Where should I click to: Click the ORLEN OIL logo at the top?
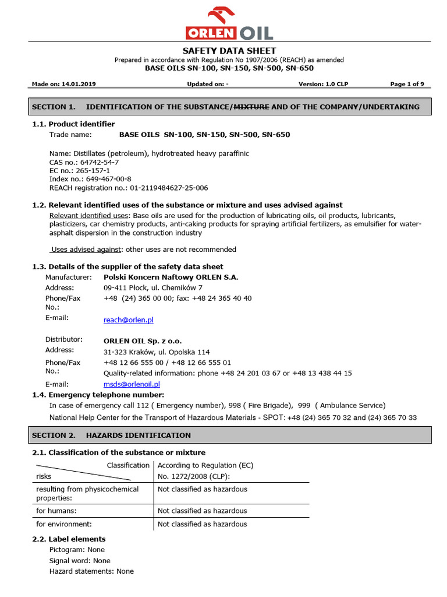click(x=229, y=24)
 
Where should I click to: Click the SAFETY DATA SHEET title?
click(x=229, y=51)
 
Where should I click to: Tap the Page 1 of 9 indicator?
click(x=407, y=84)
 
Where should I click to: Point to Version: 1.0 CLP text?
click(x=323, y=84)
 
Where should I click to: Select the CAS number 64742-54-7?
click(x=100, y=162)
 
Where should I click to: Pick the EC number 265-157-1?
click(x=94, y=171)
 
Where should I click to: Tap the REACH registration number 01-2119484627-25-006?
click(x=169, y=188)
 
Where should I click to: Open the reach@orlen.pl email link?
click(x=128, y=320)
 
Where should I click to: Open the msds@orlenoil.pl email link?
click(x=132, y=384)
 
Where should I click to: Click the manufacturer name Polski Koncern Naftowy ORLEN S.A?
click(x=171, y=277)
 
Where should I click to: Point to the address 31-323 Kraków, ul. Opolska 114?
click(x=157, y=352)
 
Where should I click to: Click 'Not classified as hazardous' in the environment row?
click(x=202, y=524)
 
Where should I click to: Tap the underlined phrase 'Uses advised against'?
click(x=86, y=250)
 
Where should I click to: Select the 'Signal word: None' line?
click(x=80, y=560)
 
